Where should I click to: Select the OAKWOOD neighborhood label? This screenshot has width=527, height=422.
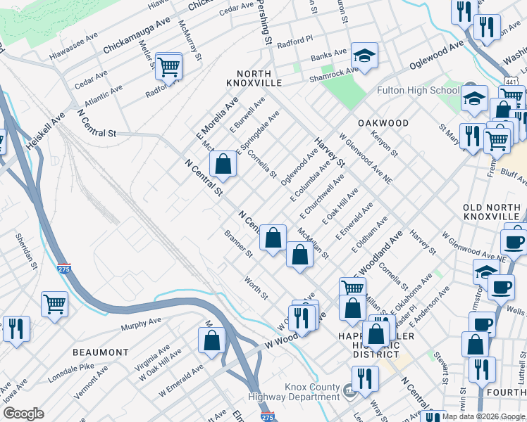(x=383, y=122)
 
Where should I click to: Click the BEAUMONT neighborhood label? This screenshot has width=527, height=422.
(x=101, y=352)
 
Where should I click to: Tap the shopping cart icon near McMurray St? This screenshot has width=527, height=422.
(x=169, y=67)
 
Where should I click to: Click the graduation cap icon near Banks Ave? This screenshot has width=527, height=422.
(x=364, y=56)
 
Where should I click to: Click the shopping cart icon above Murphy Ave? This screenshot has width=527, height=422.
(x=55, y=304)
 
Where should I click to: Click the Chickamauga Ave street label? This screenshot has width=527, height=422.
(x=137, y=41)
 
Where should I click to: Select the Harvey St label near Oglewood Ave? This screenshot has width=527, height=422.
(x=330, y=151)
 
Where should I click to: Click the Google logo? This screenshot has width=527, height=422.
(x=23, y=414)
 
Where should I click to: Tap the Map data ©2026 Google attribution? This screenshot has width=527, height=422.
(x=483, y=416)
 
